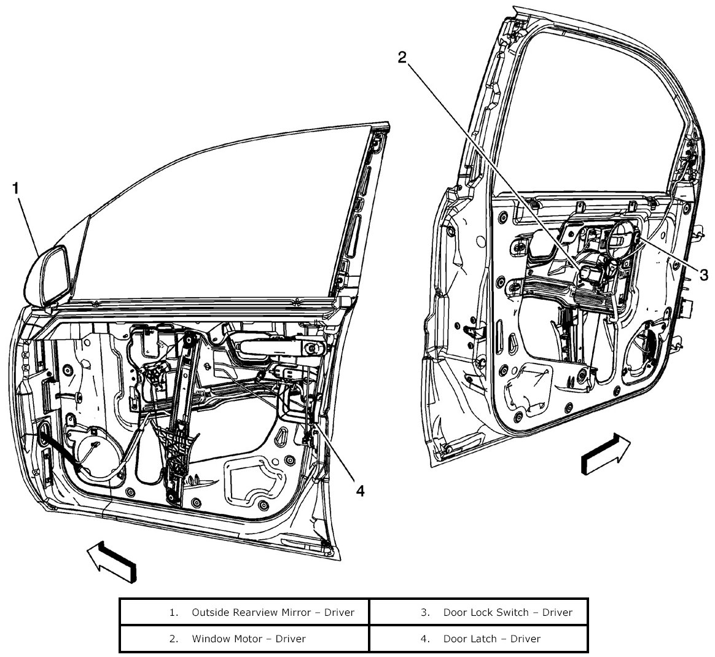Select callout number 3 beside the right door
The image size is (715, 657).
704,273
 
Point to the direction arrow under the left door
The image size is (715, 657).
111,560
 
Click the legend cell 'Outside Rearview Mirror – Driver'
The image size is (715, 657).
244,612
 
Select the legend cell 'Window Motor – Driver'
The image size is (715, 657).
244,639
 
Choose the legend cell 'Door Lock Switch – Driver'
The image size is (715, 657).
479,612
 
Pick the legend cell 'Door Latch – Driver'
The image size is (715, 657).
479,639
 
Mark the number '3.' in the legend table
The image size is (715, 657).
425,612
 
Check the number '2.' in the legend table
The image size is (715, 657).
174,639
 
